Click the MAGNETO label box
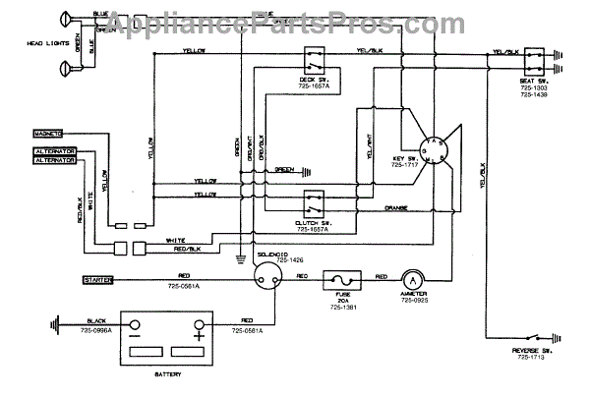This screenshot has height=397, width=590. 47,132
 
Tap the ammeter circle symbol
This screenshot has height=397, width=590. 414,280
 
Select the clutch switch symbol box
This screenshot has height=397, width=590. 315,204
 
